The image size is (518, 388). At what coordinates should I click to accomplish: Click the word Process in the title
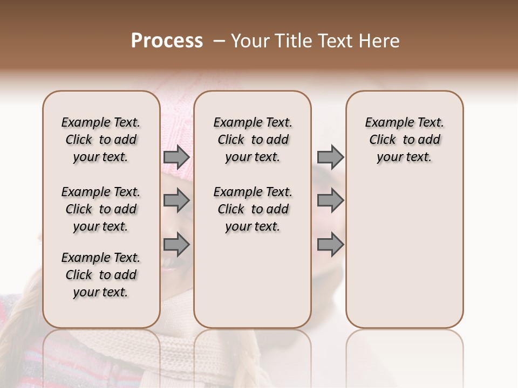167,41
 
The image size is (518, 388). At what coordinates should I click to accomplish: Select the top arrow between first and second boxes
176,157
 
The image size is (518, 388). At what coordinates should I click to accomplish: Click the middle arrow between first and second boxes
176,200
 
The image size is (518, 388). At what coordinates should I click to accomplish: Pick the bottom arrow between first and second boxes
176,245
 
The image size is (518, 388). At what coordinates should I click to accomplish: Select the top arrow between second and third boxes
330,157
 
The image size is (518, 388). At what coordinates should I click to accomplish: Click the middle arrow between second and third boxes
330,200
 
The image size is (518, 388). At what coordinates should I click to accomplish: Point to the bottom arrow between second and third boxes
330,245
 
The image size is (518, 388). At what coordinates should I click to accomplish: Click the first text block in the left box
101,140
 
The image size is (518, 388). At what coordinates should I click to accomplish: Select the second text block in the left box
101,209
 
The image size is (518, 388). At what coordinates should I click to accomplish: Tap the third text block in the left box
101,275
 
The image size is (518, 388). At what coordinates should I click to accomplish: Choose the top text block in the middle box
253,140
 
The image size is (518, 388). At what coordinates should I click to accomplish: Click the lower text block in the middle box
253,209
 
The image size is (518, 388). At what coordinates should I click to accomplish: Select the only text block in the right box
404,140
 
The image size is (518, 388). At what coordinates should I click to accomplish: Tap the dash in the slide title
219,41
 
